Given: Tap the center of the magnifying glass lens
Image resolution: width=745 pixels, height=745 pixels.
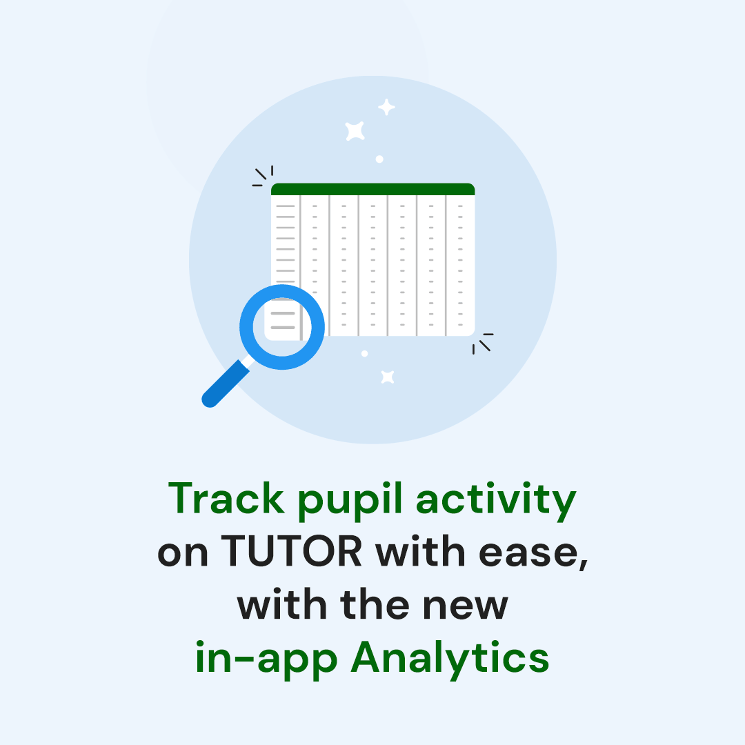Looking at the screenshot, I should [x=282, y=327].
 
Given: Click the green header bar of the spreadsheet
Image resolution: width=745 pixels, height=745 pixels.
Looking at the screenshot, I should [x=372, y=189].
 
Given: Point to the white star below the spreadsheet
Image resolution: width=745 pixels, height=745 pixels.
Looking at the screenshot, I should [x=388, y=377].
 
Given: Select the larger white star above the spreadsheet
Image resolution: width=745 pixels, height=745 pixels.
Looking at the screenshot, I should [x=355, y=130].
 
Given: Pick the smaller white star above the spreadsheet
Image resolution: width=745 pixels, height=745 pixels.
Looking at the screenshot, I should [x=386, y=107].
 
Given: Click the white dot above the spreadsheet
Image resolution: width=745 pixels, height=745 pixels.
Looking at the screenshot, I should [x=379, y=159].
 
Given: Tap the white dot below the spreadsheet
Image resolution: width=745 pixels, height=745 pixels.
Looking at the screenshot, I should [x=364, y=354].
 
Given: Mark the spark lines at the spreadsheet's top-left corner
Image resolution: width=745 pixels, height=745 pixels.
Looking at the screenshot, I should [x=263, y=177].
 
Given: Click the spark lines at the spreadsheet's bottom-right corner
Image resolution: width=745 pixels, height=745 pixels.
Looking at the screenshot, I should [x=483, y=343].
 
